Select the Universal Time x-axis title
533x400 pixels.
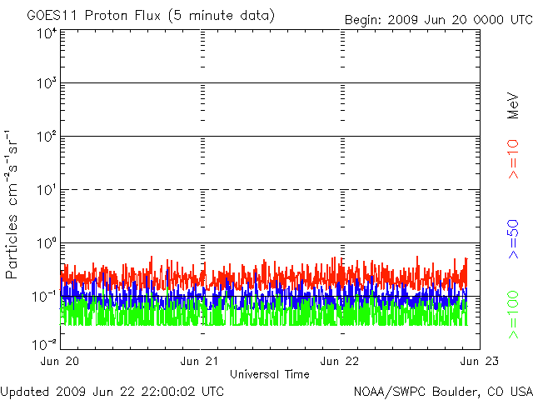[269, 374]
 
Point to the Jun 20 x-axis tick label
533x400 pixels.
[61, 361]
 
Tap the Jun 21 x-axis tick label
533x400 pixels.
[200, 361]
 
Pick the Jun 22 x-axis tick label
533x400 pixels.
[340, 361]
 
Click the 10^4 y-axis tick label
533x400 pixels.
[46, 33]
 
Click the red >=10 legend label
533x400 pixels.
[514, 158]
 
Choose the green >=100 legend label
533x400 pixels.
[514, 313]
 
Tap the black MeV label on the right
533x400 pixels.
[514, 105]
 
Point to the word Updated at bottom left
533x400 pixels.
[24, 391]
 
